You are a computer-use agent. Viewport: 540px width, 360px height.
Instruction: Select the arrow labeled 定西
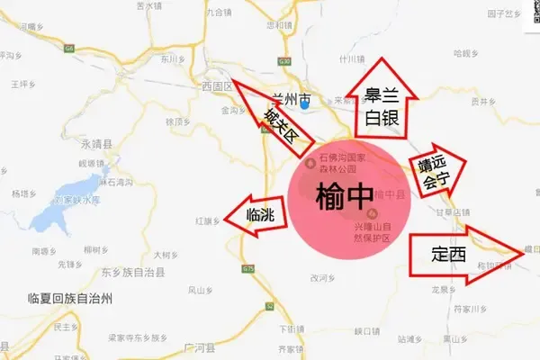click(x=459, y=254)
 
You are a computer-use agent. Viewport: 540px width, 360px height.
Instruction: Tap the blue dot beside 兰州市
click(x=306, y=107)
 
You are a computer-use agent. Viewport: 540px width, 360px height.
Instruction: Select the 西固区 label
click(x=217, y=86)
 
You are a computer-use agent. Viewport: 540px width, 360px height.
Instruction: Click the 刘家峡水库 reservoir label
click(x=74, y=200)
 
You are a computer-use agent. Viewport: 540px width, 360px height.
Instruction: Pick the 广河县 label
click(x=195, y=346)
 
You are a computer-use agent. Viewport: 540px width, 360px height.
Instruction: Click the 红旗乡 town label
click(x=208, y=220)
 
